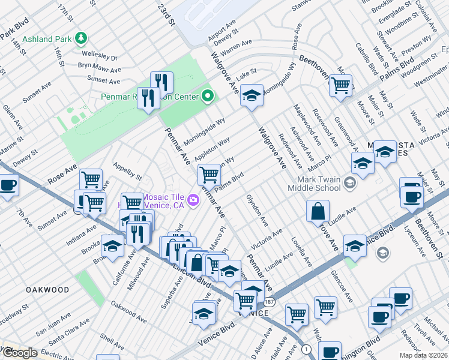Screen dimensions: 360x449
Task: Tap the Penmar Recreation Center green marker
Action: tap(208, 95)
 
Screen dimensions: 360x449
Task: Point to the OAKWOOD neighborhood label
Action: tap(47, 289)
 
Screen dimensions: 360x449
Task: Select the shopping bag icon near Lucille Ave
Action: tap(318, 211)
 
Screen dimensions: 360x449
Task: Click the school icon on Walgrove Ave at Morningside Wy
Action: tap(252, 95)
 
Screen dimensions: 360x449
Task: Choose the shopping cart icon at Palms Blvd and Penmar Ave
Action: tap(208, 175)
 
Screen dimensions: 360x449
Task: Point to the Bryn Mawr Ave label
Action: tap(100, 67)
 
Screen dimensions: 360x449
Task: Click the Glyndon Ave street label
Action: tap(256, 210)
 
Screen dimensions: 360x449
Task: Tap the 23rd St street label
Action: tap(166, 15)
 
